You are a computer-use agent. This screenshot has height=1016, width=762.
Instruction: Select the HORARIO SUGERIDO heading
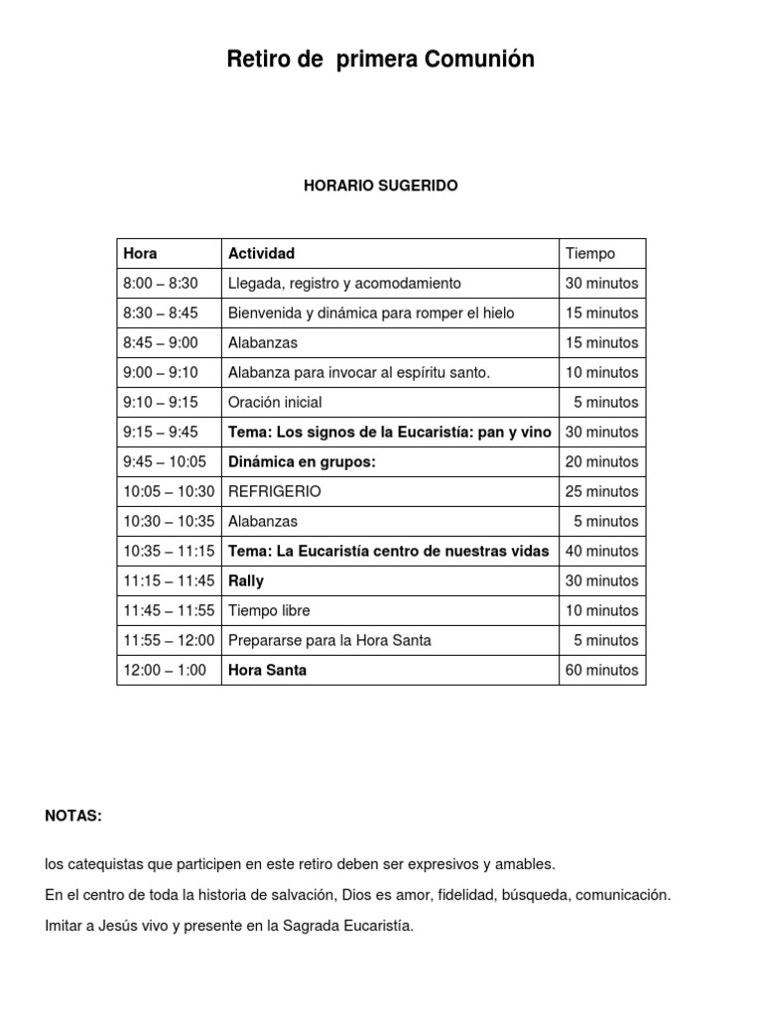(381, 186)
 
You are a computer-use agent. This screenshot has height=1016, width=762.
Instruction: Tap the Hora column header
(140, 253)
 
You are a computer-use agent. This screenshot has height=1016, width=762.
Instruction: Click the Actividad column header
(261, 253)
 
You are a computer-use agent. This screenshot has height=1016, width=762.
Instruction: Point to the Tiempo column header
(589, 253)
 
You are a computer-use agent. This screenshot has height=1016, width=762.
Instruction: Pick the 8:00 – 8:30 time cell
(161, 283)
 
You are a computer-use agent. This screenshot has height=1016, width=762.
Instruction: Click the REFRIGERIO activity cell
(275, 491)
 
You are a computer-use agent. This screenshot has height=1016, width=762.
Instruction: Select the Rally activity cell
(246, 580)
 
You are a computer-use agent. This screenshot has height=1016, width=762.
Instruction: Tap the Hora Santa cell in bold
(267, 670)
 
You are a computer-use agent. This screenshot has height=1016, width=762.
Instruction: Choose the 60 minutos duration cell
(601, 670)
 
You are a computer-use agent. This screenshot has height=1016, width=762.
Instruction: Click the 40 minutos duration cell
(601, 551)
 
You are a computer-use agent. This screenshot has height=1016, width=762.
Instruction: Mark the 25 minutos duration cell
(601, 491)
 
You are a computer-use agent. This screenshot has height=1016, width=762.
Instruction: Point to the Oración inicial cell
(275, 402)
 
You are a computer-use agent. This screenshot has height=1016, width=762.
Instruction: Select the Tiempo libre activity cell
(269, 610)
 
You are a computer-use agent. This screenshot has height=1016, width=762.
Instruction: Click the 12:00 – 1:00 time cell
(165, 670)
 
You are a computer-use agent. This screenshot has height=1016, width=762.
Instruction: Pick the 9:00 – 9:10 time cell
(161, 372)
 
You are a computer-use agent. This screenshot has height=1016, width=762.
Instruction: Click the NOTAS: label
(73, 816)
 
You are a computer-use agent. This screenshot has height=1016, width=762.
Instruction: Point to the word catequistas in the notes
(104, 864)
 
